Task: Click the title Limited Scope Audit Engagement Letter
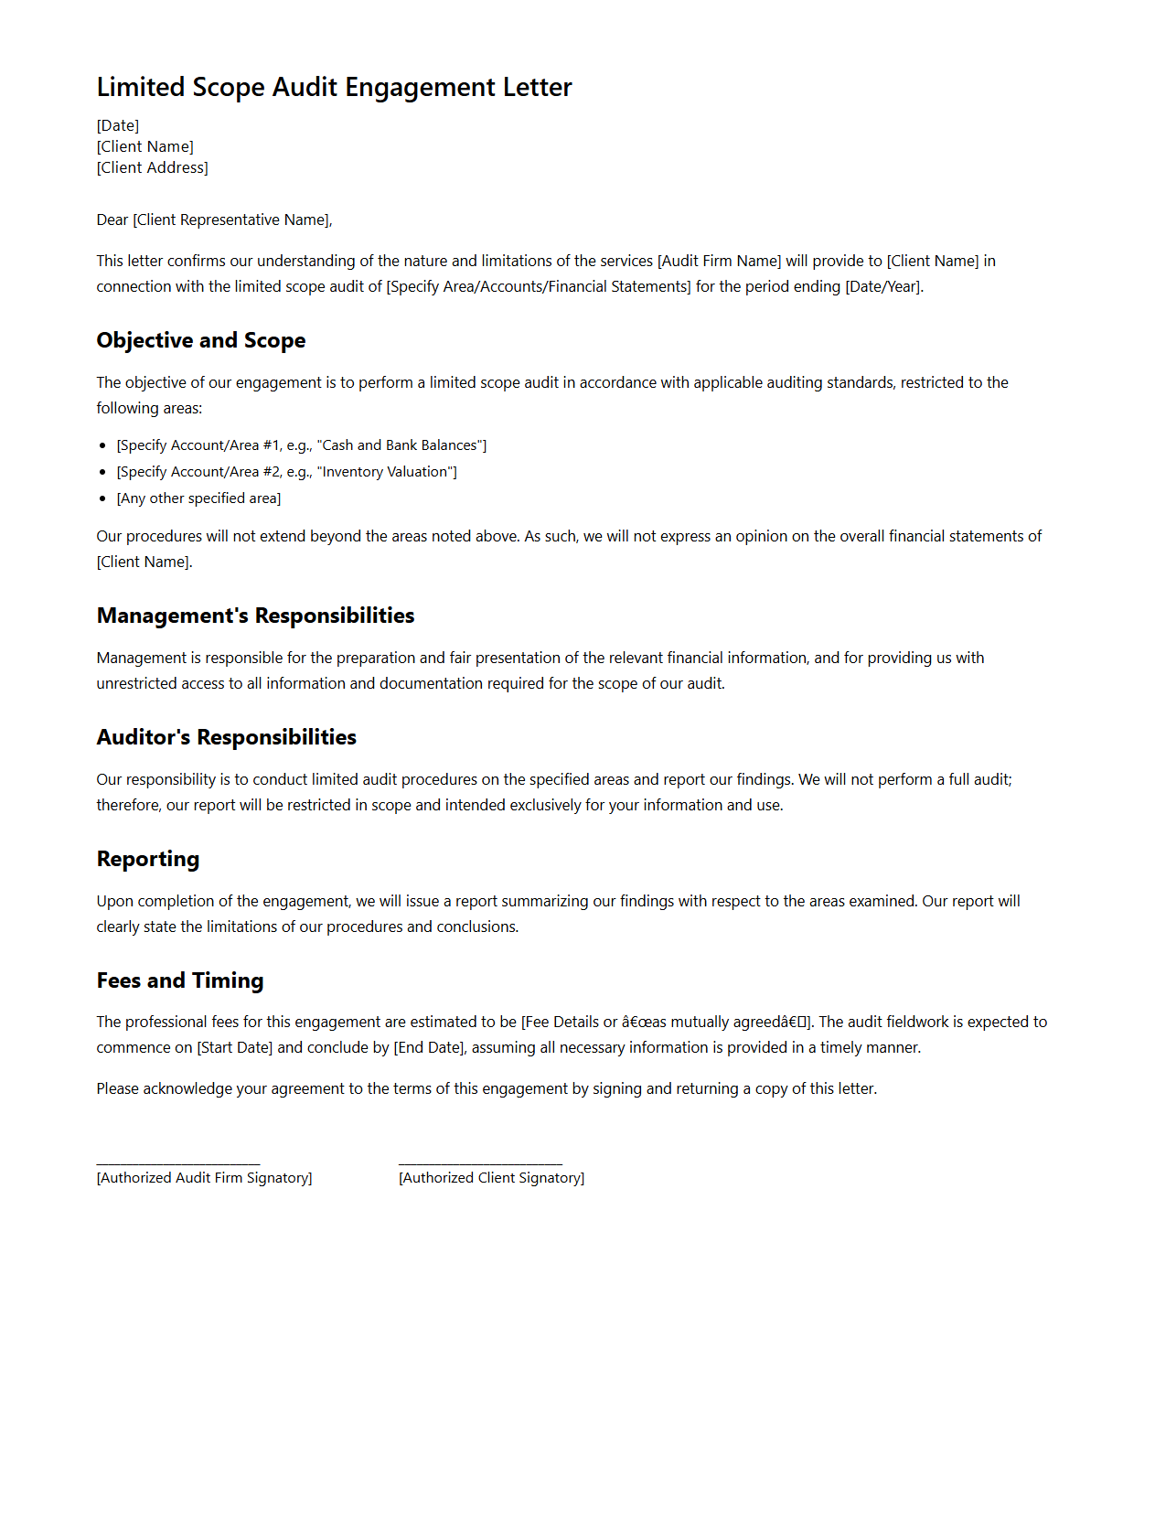point(334,87)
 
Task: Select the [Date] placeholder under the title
point(118,125)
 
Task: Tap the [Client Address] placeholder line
point(153,167)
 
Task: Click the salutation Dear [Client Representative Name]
point(214,220)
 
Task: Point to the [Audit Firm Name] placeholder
point(719,261)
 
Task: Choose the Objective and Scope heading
point(201,340)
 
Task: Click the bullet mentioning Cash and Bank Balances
point(302,445)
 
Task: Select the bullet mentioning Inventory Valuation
point(287,472)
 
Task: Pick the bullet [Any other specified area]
point(198,498)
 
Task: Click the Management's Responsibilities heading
point(255,616)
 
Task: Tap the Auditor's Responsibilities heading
point(226,737)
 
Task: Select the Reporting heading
point(148,859)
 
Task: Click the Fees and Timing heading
point(180,980)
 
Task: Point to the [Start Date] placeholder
point(235,1047)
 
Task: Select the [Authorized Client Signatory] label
point(491,1178)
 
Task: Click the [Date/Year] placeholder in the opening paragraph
point(883,286)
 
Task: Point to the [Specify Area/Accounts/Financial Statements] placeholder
point(539,286)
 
